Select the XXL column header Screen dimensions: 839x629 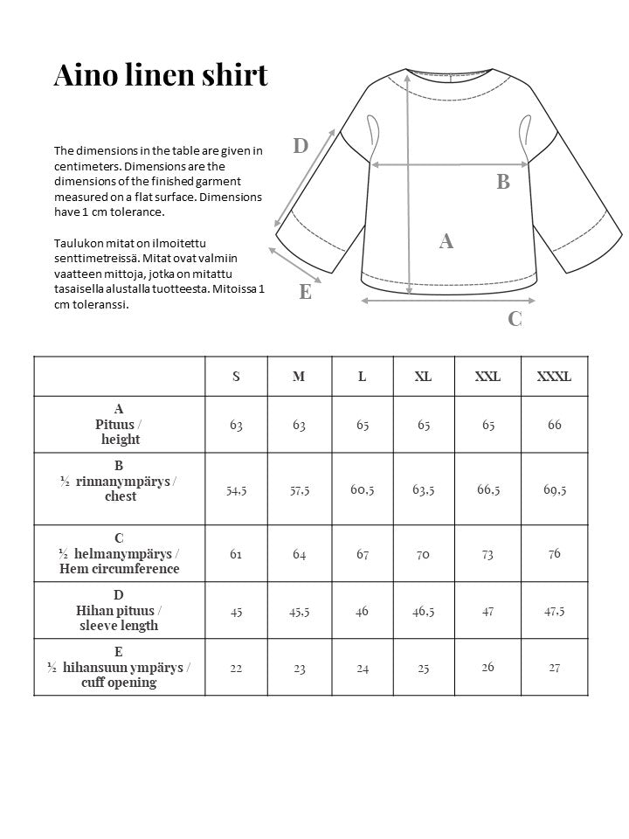[487, 377]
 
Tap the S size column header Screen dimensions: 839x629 [236, 377]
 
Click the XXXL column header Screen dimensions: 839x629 [554, 377]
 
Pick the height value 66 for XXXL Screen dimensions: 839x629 [554, 425]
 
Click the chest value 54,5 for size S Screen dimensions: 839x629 [236, 490]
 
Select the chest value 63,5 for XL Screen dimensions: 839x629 [424, 489]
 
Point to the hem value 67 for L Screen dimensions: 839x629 [362, 554]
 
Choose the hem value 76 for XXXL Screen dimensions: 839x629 [554, 553]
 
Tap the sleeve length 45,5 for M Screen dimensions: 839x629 [300, 612]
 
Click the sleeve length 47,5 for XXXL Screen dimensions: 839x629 [554, 611]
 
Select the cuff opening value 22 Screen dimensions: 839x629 [236, 668]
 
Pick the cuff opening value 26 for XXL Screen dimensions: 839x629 [487, 667]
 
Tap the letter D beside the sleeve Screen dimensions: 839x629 [301, 146]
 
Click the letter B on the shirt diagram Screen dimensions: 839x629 [503, 182]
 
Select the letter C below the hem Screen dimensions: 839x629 [515, 319]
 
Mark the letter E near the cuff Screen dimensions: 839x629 [305, 292]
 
